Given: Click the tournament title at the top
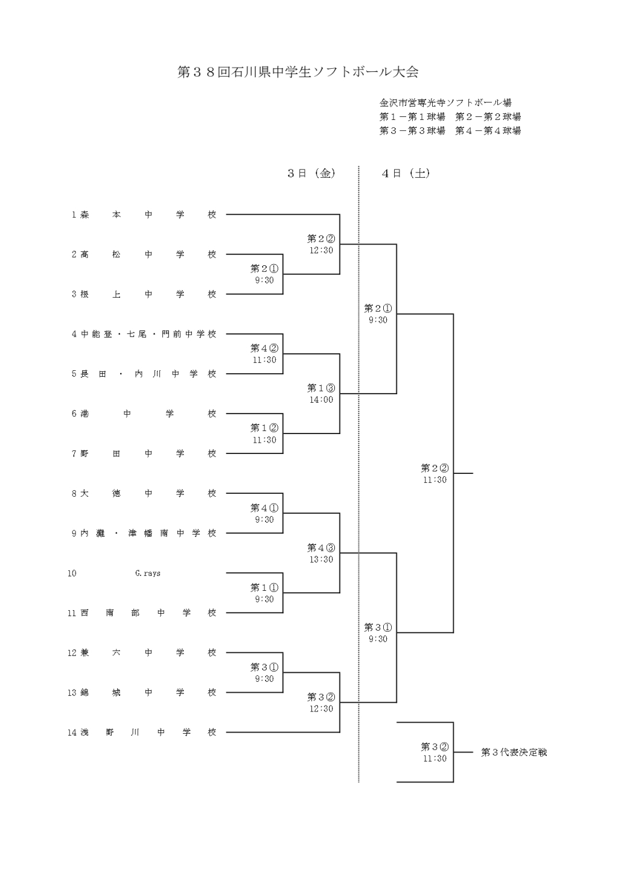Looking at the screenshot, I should (x=298, y=72).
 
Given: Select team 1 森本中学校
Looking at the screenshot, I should (x=144, y=215).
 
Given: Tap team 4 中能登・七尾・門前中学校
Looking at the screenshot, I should (x=144, y=334).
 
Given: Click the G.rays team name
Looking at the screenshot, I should (x=148, y=573).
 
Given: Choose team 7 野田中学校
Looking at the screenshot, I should (x=144, y=454).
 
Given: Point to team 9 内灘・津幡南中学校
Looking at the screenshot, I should (x=144, y=534).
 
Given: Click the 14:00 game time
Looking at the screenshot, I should (x=322, y=400).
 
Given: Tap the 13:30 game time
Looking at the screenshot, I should (x=322, y=559).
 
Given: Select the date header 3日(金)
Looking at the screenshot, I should (x=311, y=174).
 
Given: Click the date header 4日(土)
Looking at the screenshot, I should (x=406, y=174).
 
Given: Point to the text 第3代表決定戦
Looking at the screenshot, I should (x=514, y=752).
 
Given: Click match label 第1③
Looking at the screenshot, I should (x=321, y=388).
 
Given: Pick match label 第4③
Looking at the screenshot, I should (x=321, y=548).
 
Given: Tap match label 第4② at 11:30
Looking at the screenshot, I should (x=264, y=348).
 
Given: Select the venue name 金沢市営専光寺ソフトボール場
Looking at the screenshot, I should (x=445, y=103).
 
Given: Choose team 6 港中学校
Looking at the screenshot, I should (x=144, y=414).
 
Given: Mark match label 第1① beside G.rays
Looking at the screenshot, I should (x=264, y=588).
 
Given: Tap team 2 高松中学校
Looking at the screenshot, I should (x=144, y=254).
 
